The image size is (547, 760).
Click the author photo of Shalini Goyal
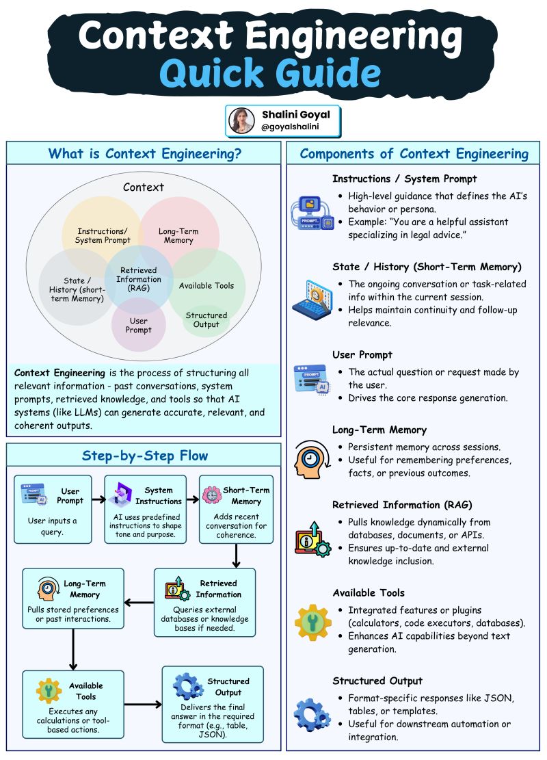pos(242,120)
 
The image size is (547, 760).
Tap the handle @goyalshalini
pos(290,127)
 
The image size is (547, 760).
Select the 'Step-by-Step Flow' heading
pos(144,456)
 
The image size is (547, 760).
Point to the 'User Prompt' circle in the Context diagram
pos(139,325)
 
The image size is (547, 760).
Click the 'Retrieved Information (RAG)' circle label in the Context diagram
pos(139,279)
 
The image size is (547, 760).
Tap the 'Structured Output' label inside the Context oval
pos(206,319)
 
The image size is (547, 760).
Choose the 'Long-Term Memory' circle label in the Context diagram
pos(179,236)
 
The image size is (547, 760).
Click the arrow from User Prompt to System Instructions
pos(98,499)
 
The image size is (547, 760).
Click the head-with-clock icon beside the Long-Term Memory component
pos(312,460)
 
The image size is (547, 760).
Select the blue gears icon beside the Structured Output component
pos(312,713)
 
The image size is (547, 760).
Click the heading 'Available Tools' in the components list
pos(369,592)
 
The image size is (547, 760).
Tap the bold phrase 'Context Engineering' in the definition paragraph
pos(59,374)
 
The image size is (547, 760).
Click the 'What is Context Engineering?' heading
pos(144,153)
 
